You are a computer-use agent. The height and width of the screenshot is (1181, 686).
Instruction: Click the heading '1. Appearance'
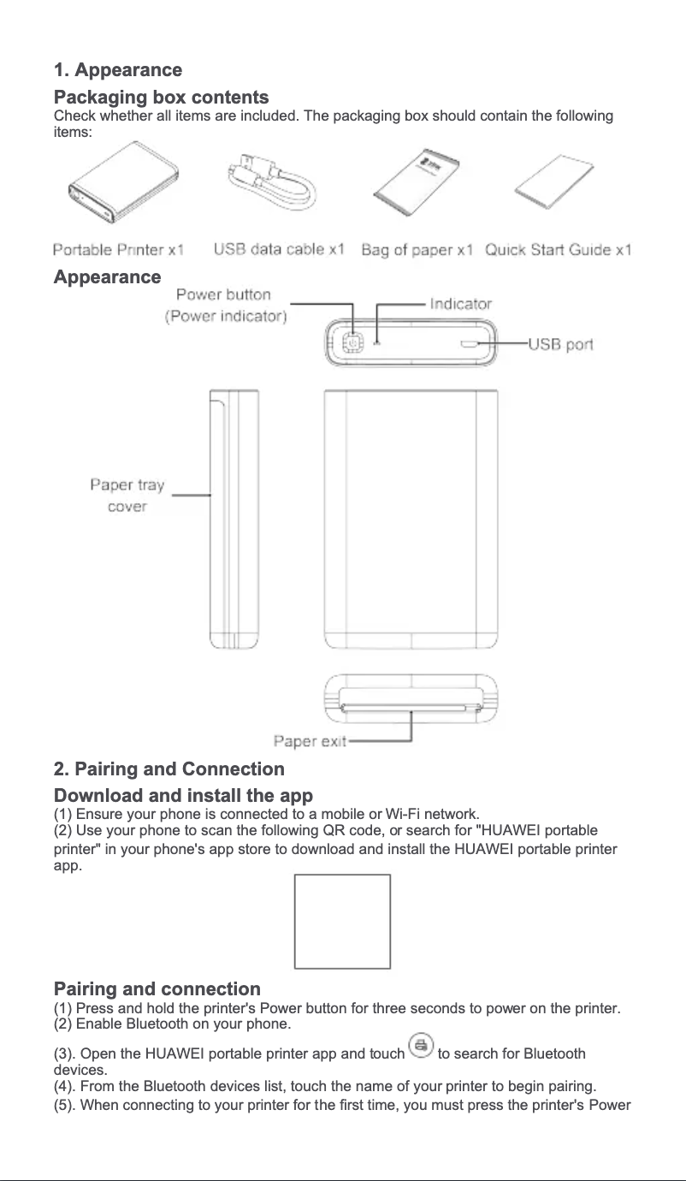[118, 70]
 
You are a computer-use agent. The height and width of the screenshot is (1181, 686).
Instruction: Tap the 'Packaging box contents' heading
[161, 97]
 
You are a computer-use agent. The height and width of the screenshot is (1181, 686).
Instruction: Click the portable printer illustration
[123, 182]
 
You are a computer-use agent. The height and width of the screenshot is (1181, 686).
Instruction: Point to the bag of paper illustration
[417, 182]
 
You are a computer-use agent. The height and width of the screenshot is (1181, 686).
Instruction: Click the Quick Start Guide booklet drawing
[554, 181]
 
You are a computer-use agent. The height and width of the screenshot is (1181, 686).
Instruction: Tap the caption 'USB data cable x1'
[279, 249]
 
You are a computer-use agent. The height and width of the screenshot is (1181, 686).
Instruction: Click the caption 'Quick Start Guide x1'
[558, 250]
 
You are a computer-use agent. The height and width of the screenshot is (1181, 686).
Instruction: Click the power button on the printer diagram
[352, 343]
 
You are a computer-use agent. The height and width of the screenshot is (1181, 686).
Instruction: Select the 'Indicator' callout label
[461, 304]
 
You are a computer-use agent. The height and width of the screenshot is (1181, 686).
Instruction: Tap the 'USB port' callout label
[560, 344]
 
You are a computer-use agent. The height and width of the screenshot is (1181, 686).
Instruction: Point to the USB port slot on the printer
[469, 344]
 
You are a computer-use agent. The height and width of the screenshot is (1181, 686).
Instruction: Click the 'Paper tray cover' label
[127, 496]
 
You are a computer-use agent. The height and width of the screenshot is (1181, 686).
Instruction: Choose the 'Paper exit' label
[310, 741]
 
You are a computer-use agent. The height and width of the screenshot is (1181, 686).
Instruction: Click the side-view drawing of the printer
[234, 519]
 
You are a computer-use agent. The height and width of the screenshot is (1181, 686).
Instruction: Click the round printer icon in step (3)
[421, 1045]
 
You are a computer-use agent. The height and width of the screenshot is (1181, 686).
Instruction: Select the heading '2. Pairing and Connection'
[169, 769]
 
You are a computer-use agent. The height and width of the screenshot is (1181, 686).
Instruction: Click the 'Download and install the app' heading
[183, 795]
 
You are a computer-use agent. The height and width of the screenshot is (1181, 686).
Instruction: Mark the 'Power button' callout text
[223, 294]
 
